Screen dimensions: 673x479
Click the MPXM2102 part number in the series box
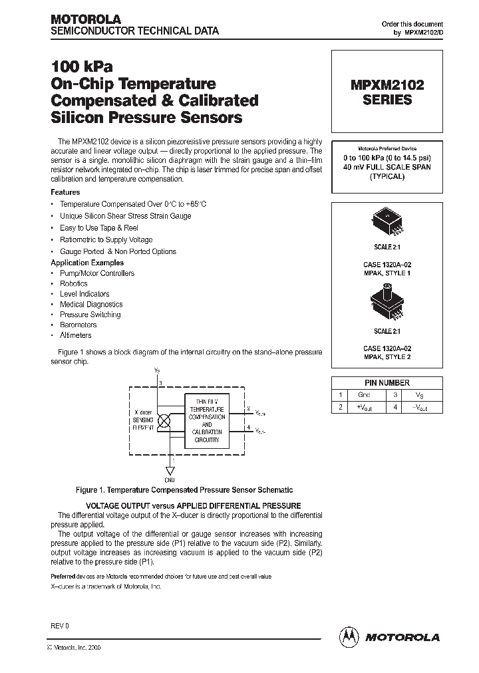[x=387, y=85]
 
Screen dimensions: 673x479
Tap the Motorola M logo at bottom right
[x=349, y=636]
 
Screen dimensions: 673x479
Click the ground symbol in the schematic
[x=171, y=471]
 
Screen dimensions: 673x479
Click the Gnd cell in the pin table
[x=364, y=395]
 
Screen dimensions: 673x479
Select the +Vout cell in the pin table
[x=364, y=407]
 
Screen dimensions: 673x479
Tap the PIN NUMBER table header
[x=387, y=382]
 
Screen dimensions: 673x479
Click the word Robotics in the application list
[x=74, y=283]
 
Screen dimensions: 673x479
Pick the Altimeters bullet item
[x=76, y=335]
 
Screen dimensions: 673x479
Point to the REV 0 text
[x=60, y=626]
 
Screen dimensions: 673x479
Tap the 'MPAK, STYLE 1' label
[x=387, y=273]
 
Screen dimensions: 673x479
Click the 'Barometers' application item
[x=79, y=325]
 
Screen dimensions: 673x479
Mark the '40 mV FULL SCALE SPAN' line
[x=387, y=168]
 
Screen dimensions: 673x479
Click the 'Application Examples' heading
[x=87, y=263]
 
